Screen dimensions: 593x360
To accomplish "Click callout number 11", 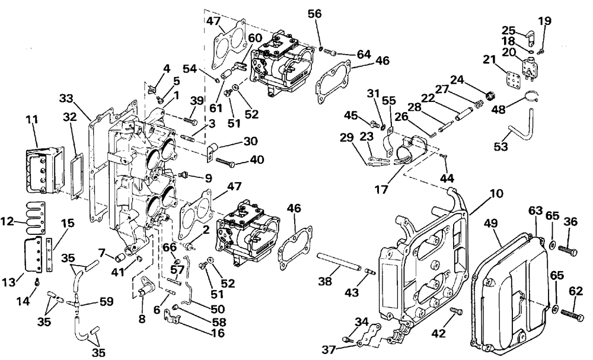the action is tap(32, 120).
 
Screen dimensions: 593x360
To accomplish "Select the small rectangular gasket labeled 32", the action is tap(77, 176).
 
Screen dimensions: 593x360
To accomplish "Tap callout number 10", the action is tap(496, 193).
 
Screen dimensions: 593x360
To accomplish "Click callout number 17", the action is tap(381, 189).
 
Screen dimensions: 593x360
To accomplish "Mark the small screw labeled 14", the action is tap(37, 281).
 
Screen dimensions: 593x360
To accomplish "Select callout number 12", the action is tap(8, 221).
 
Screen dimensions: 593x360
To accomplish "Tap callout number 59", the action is tap(107, 301).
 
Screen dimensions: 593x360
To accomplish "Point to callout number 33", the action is tap(66, 98).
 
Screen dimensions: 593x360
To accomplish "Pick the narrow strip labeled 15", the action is tap(49, 254).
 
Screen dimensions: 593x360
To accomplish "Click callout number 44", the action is tap(447, 178).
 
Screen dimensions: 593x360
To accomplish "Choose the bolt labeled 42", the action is tap(457, 311).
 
